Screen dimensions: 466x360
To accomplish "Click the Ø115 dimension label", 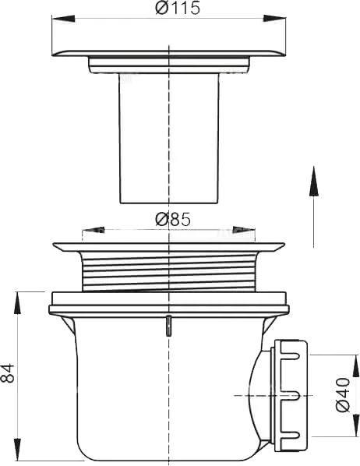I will [178, 9].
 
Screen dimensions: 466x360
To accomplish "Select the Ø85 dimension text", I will [173, 220].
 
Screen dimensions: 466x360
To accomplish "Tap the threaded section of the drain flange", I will [168, 269].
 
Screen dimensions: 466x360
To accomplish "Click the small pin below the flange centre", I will [168, 326].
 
